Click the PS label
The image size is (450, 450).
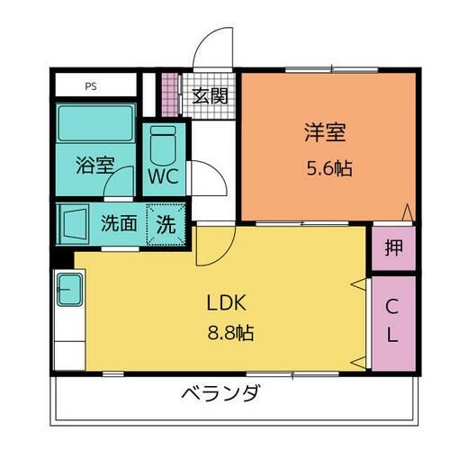pyautogui.click(x=91, y=86)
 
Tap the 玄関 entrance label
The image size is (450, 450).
pyautogui.click(x=210, y=96)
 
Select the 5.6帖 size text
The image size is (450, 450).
pyautogui.click(x=329, y=168)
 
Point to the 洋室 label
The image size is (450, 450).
pyautogui.click(x=325, y=132)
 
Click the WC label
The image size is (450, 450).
pyautogui.click(x=164, y=176)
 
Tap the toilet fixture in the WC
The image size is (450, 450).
pyautogui.click(x=163, y=146)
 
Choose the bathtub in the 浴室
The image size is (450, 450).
pyautogui.click(x=96, y=123)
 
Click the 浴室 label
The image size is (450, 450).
pyautogui.click(x=95, y=165)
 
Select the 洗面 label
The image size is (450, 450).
pyautogui.click(x=119, y=223)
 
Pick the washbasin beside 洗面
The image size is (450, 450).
pyautogui.click(x=74, y=223)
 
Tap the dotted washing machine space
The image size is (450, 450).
pyautogui.click(x=166, y=224)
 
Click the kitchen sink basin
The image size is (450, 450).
pyautogui.click(x=69, y=290)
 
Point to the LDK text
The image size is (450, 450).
pyautogui.click(x=227, y=302)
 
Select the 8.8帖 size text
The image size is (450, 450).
pyautogui.click(x=230, y=332)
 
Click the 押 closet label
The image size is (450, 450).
pyautogui.click(x=393, y=247)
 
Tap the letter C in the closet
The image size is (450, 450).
pyautogui.click(x=391, y=307)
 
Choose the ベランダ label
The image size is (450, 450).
pyautogui.click(x=220, y=393)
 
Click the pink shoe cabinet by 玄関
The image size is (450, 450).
pyautogui.click(x=170, y=94)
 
